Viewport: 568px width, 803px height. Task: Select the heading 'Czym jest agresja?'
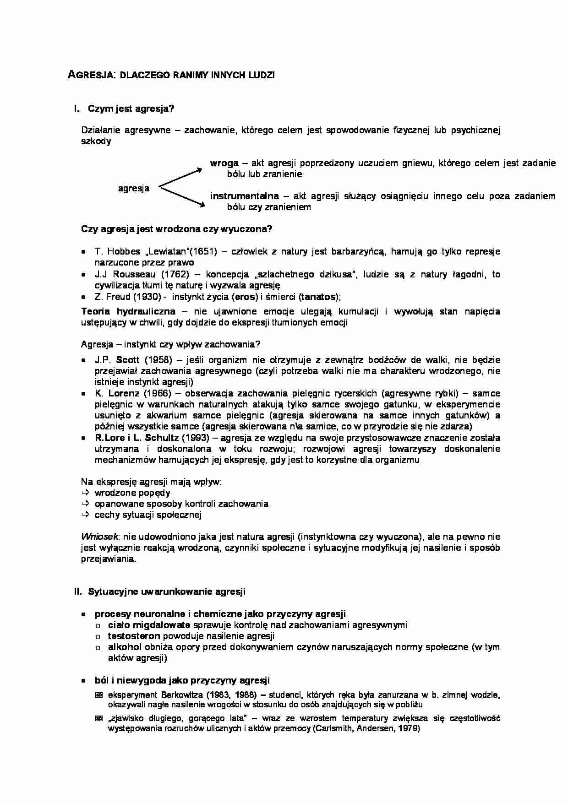pyautogui.click(x=131, y=109)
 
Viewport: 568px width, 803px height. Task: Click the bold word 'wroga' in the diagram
pyautogui.click(x=224, y=163)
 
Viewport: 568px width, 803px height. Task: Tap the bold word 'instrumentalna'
pyautogui.click(x=244, y=196)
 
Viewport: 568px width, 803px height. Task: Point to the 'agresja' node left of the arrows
pyautogui.click(x=134, y=188)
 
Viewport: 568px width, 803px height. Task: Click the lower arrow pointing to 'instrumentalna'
pyautogui.click(x=181, y=197)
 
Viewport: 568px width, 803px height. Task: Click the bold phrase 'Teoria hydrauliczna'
pyautogui.click(x=128, y=311)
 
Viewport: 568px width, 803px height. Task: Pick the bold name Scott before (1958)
pyautogui.click(x=127, y=360)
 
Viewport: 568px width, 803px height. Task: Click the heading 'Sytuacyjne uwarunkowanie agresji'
pyautogui.click(x=167, y=591)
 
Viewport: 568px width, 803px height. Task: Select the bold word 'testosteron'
pyautogui.click(x=134, y=636)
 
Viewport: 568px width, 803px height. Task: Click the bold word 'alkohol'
pyautogui.click(x=125, y=647)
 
